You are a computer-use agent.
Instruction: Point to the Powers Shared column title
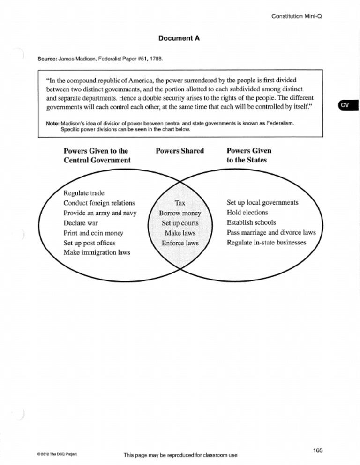coord(180,151)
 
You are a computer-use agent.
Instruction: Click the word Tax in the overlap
coord(180,203)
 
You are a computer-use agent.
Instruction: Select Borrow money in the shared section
coord(180,213)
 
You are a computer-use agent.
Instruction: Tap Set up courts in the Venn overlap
coord(180,223)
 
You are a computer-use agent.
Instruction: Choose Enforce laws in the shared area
coord(180,243)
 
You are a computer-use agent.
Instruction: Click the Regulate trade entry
coord(84,193)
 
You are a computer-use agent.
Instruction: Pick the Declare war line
coord(81,222)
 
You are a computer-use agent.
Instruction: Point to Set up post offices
coord(89,243)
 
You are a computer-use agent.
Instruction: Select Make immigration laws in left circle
coord(97,252)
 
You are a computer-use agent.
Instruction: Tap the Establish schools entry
coord(251,222)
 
